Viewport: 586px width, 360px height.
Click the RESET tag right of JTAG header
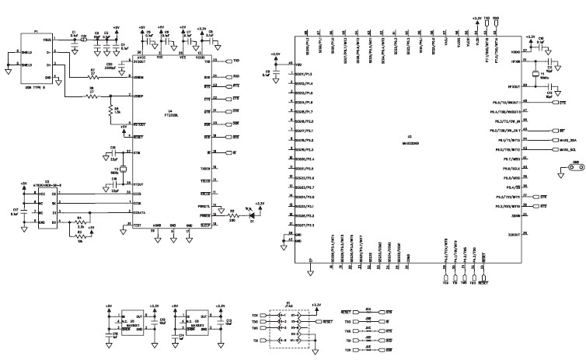click(x=327, y=320)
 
